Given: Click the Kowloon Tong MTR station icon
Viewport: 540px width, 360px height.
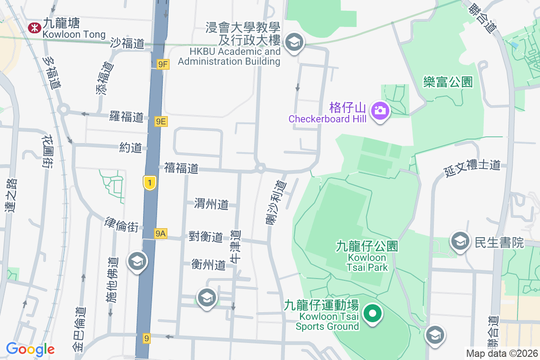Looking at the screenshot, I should [x=34, y=28].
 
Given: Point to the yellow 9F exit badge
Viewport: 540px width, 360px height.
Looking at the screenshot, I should [x=163, y=64].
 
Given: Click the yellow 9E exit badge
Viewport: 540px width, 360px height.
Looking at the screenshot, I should [x=161, y=121].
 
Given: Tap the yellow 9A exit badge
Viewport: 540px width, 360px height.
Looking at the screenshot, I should [x=160, y=233].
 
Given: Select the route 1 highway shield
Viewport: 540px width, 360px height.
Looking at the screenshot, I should [x=150, y=183].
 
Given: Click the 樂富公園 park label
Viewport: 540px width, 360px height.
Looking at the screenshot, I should [x=448, y=82].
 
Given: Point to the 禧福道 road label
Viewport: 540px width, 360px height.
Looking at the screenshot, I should [x=181, y=168].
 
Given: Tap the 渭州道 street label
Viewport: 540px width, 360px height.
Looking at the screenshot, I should [x=211, y=204].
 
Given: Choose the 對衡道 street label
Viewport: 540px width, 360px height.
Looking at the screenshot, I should [x=206, y=236].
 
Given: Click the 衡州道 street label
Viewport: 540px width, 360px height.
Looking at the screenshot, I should [x=208, y=264].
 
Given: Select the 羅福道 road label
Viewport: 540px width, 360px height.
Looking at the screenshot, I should [x=126, y=117].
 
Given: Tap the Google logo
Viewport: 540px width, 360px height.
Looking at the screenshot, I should [x=30, y=349].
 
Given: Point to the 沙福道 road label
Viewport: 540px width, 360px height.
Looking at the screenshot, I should [x=127, y=44].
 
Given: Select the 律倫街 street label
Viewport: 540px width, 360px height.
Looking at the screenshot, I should [x=121, y=224].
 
